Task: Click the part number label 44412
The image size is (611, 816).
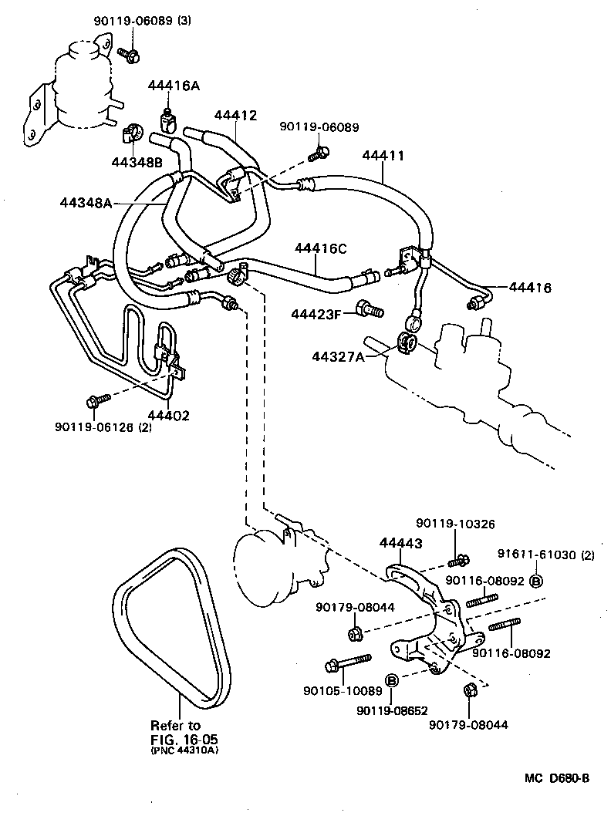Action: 235,116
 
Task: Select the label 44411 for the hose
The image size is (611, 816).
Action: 383,155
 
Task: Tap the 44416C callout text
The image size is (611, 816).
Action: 320,248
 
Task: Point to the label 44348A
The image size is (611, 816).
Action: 86,203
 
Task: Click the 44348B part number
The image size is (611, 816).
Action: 137,162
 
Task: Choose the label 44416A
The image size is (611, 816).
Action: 174,86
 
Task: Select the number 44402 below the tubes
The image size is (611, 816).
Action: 168,416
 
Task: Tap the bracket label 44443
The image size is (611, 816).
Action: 400,543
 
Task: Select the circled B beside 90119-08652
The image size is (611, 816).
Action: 391,679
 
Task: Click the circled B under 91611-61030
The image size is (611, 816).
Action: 537,581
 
